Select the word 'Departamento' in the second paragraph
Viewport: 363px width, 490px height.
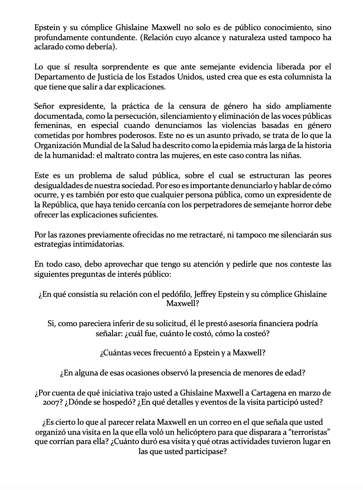coord(57,77)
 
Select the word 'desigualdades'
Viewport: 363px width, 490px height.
coord(58,185)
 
